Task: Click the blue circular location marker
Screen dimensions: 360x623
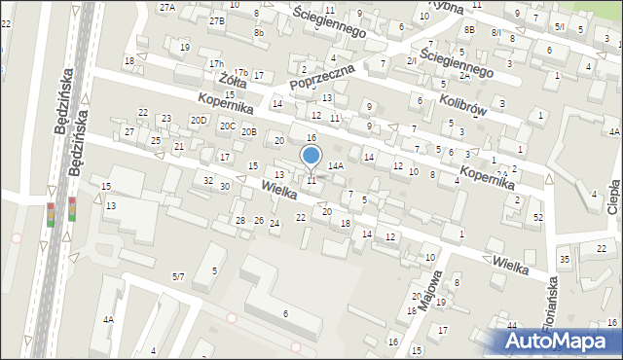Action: pyautogui.click(x=311, y=154)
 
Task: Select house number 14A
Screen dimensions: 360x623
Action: pyautogui.click(x=335, y=166)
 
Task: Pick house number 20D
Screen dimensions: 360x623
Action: pyautogui.click(x=199, y=120)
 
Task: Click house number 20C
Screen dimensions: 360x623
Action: pyautogui.click(x=227, y=126)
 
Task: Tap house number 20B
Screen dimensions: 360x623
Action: pyautogui.click(x=249, y=131)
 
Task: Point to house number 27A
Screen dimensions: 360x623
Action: pyautogui.click(x=167, y=7)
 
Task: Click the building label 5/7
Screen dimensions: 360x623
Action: pyautogui.click(x=178, y=277)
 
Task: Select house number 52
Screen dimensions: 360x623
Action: pyautogui.click(x=538, y=217)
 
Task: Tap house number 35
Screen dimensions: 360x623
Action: pyautogui.click(x=564, y=259)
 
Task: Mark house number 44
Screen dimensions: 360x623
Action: pyautogui.click(x=511, y=325)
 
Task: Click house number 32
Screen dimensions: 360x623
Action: pyautogui.click(x=207, y=180)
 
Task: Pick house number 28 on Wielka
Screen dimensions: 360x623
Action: pyautogui.click(x=240, y=221)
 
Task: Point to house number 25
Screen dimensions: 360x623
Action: pyautogui.click(x=156, y=141)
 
